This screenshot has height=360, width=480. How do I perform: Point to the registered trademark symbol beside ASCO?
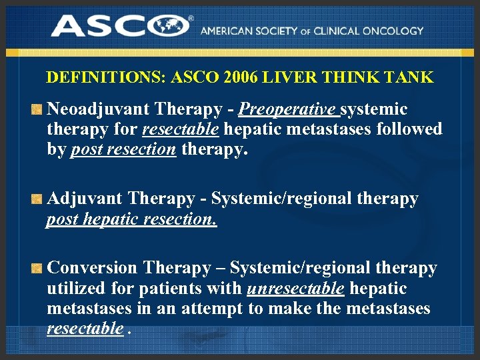pyautogui.click(x=191, y=19)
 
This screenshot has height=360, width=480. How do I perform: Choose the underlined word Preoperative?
pyautogui.click(x=288, y=109)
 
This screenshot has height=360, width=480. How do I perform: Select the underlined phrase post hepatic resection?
pyautogui.click(x=131, y=219)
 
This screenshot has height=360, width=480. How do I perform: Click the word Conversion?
pyautogui.click(x=93, y=268)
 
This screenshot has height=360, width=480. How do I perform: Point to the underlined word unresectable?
pyautogui.click(x=295, y=289)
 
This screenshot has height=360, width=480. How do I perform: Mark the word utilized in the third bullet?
pyautogui.click(x=75, y=289)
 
